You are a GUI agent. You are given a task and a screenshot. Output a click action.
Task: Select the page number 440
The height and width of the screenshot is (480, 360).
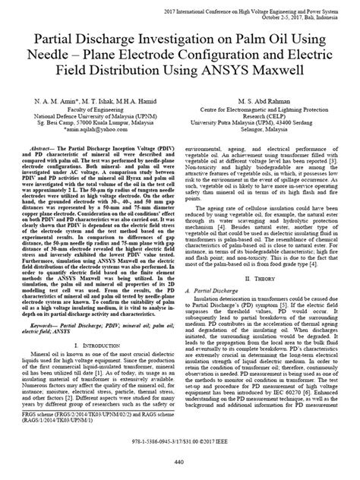tap(179, 462)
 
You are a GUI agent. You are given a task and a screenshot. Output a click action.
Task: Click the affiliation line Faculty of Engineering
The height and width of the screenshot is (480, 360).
tap(95, 109)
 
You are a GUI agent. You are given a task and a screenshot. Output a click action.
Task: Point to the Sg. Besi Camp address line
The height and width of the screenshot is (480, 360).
tap(95, 123)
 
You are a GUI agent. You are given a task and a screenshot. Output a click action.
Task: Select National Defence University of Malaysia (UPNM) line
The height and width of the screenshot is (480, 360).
tap(95, 116)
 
